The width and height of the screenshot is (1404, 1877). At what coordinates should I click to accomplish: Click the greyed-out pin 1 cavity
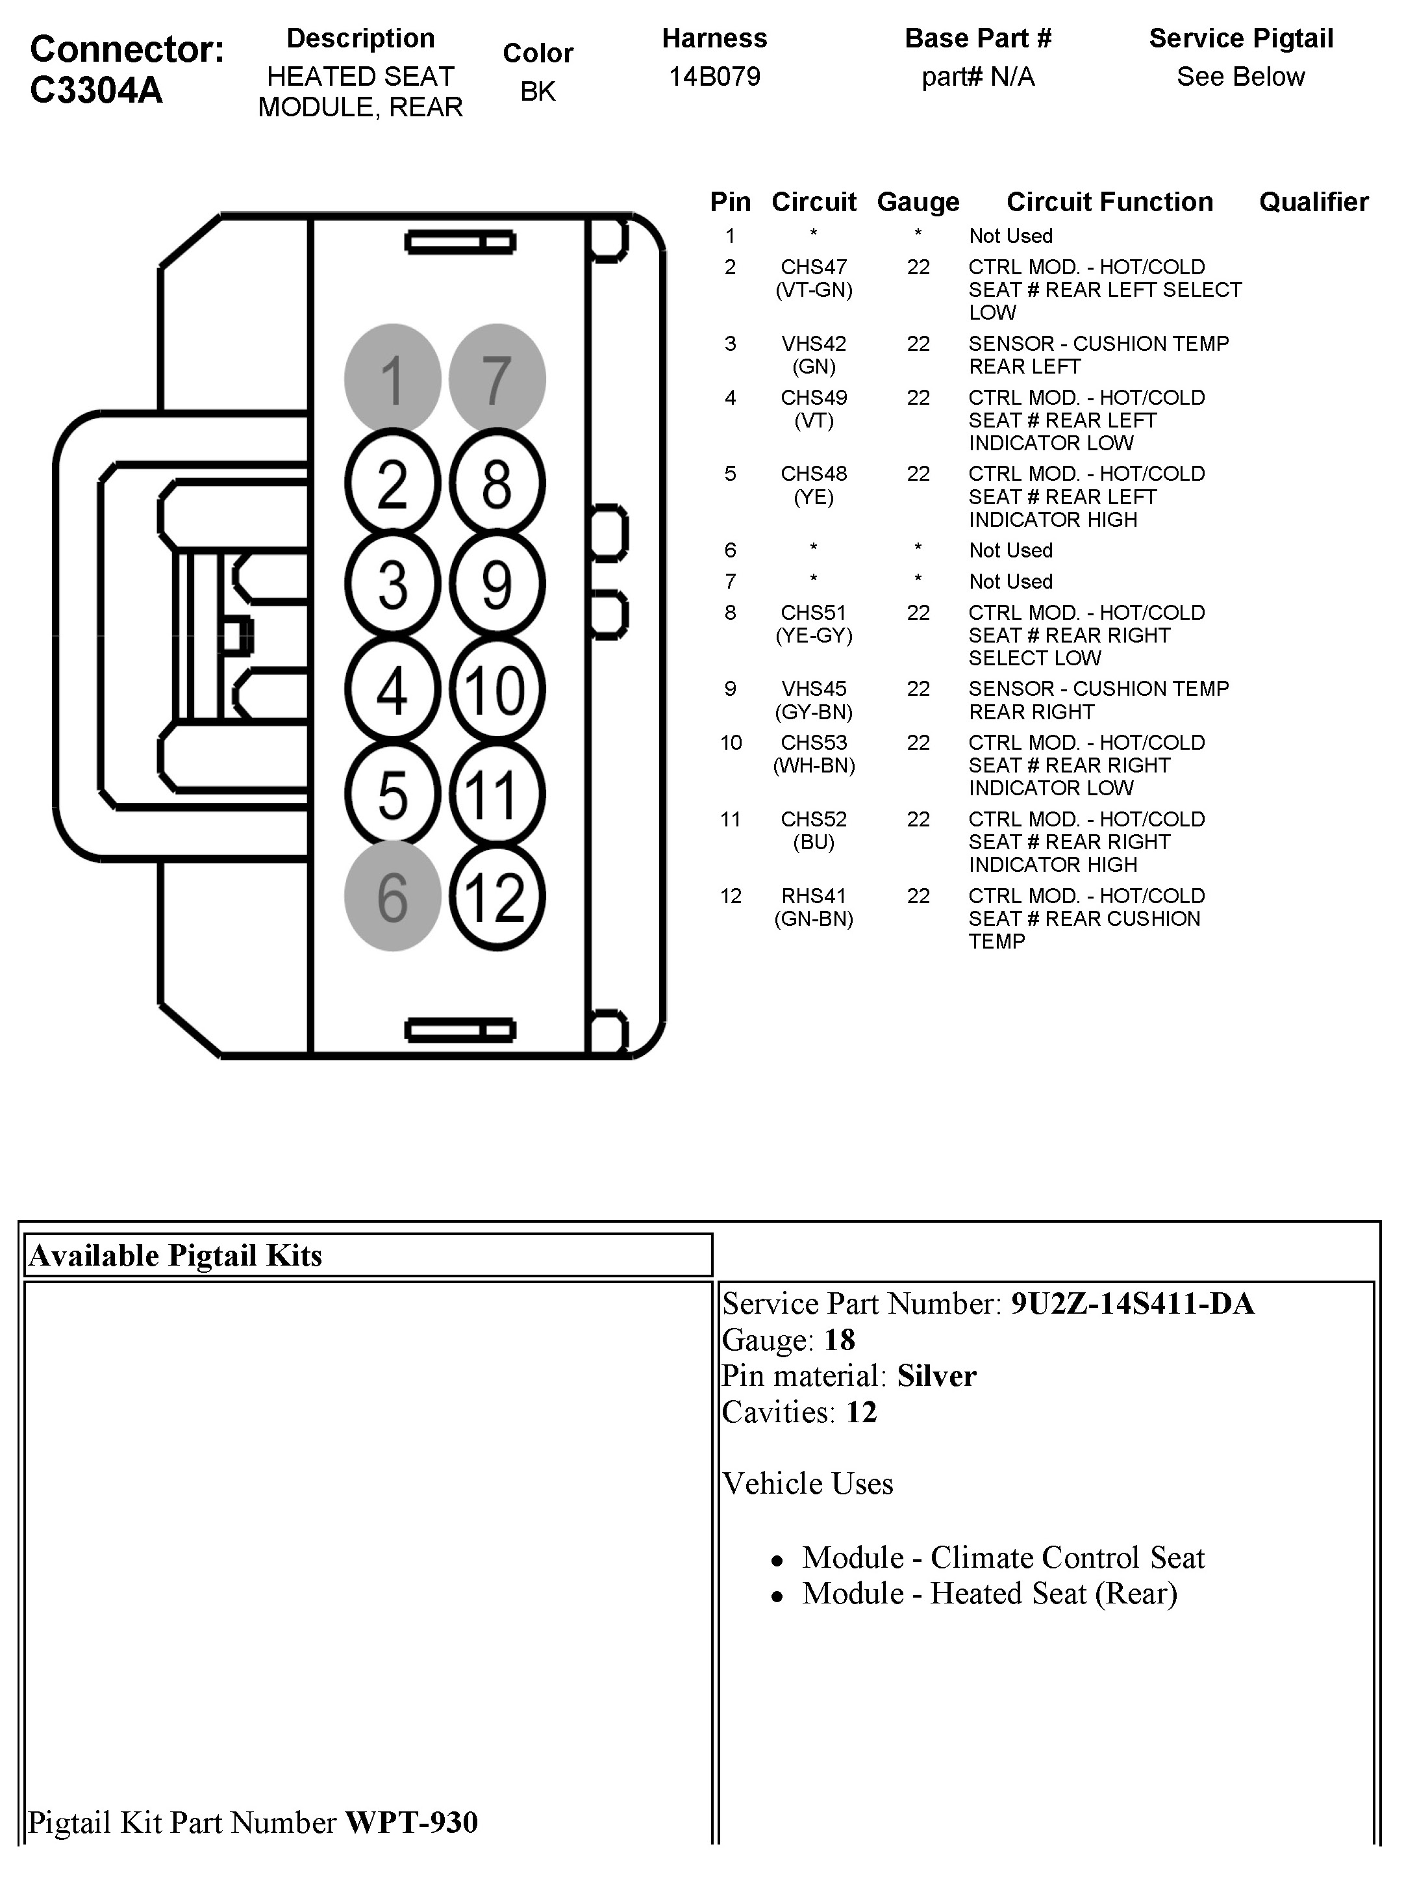coord(392,379)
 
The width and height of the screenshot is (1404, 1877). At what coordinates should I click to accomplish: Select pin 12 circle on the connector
coord(496,896)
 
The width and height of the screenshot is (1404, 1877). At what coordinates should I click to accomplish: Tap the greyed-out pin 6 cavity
coord(392,896)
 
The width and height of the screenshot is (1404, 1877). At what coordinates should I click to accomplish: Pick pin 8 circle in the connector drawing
coord(496,483)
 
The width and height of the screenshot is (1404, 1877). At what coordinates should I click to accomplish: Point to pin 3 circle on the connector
coord(392,585)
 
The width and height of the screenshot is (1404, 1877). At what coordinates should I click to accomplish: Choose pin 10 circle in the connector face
coord(496,690)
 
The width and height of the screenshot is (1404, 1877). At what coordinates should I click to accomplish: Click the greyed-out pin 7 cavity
coord(496,379)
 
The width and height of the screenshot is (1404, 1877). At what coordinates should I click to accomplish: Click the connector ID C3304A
coord(96,90)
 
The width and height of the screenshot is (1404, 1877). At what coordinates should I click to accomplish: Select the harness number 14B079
coord(714,77)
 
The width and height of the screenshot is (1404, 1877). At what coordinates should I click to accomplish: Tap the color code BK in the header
coord(538,92)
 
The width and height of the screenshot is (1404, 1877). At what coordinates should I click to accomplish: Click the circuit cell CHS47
coord(814,267)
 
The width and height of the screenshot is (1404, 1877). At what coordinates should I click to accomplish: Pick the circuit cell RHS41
coord(814,896)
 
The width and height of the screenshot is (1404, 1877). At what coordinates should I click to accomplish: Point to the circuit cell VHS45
coord(814,689)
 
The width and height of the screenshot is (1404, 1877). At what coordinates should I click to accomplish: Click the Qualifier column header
coord(1313,202)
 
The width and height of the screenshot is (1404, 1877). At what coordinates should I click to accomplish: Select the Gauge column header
coord(918,202)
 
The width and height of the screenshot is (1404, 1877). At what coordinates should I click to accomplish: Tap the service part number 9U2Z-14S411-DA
coord(1132,1303)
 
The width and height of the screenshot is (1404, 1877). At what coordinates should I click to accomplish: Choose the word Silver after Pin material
coord(936,1375)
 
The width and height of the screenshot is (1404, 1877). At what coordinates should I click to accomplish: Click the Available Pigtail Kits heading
coord(175,1255)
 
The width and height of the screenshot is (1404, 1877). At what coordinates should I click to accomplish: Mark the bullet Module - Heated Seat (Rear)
coord(989,1594)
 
